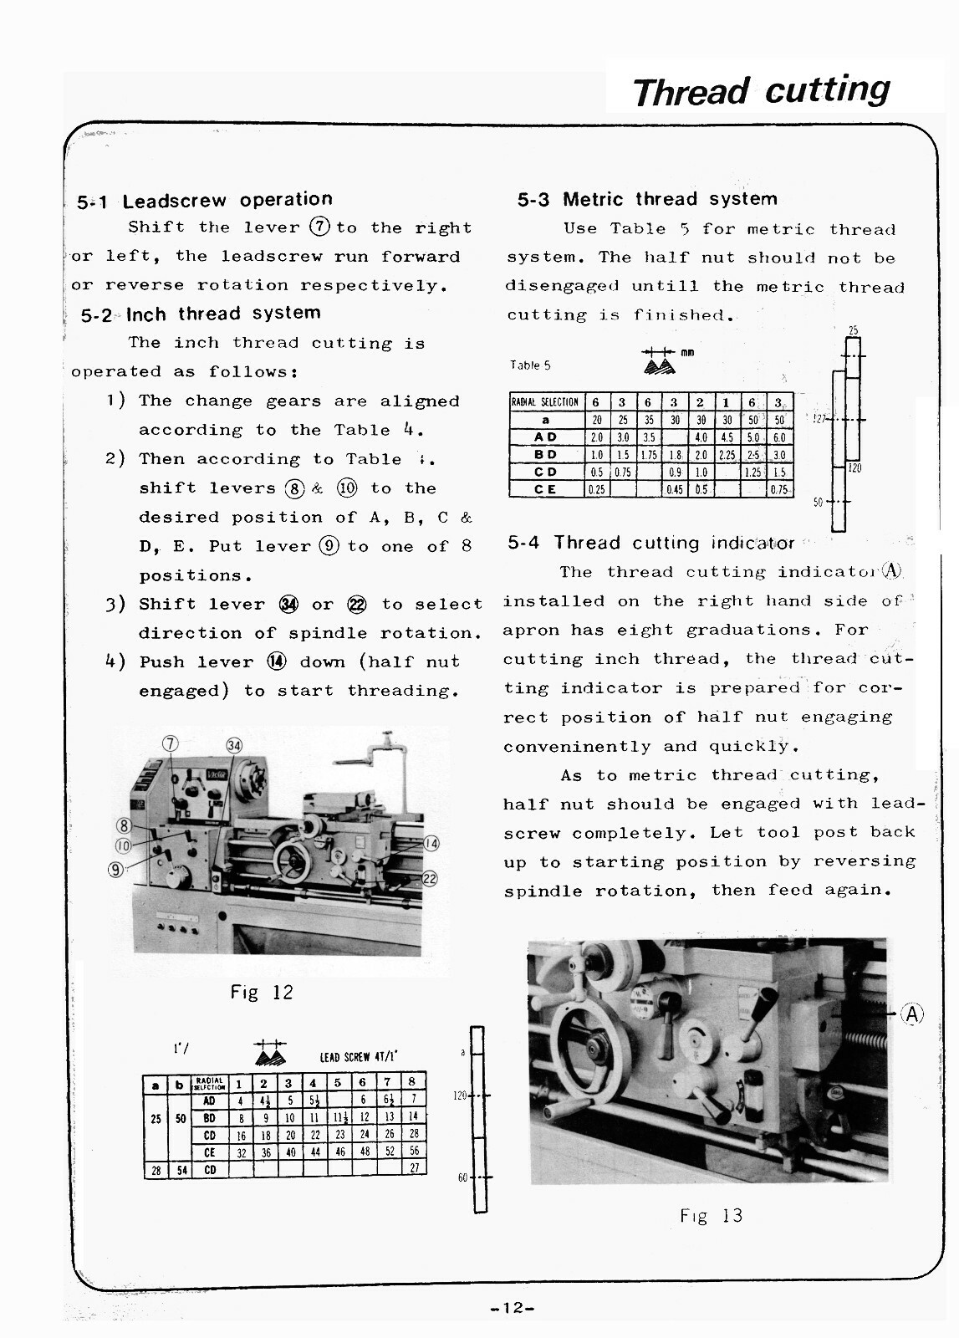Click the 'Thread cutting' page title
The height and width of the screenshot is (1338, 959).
tap(761, 89)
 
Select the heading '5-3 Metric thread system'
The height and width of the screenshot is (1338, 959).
tap(647, 199)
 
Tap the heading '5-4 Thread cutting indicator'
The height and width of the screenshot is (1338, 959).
tap(650, 543)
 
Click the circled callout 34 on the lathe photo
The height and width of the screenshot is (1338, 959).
tap(234, 746)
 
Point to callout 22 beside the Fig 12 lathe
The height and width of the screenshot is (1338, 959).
tap(430, 878)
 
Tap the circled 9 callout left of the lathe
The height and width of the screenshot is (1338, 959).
tap(116, 870)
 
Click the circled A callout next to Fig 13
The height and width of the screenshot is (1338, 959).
tap(911, 1014)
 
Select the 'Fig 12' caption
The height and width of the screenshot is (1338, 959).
tap(262, 993)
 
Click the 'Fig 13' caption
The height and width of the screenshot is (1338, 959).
tap(711, 1216)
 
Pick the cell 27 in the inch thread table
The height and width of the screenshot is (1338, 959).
tap(413, 1168)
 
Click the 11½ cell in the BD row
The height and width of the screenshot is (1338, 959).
tap(339, 1117)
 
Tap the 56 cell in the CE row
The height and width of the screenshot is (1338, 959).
tap(413, 1152)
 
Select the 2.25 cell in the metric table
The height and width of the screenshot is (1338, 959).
tap(727, 455)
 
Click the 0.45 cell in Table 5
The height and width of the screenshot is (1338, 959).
tap(675, 490)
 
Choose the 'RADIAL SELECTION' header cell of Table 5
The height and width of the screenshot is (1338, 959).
tap(545, 402)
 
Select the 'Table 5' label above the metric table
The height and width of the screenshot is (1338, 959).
tap(530, 365)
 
